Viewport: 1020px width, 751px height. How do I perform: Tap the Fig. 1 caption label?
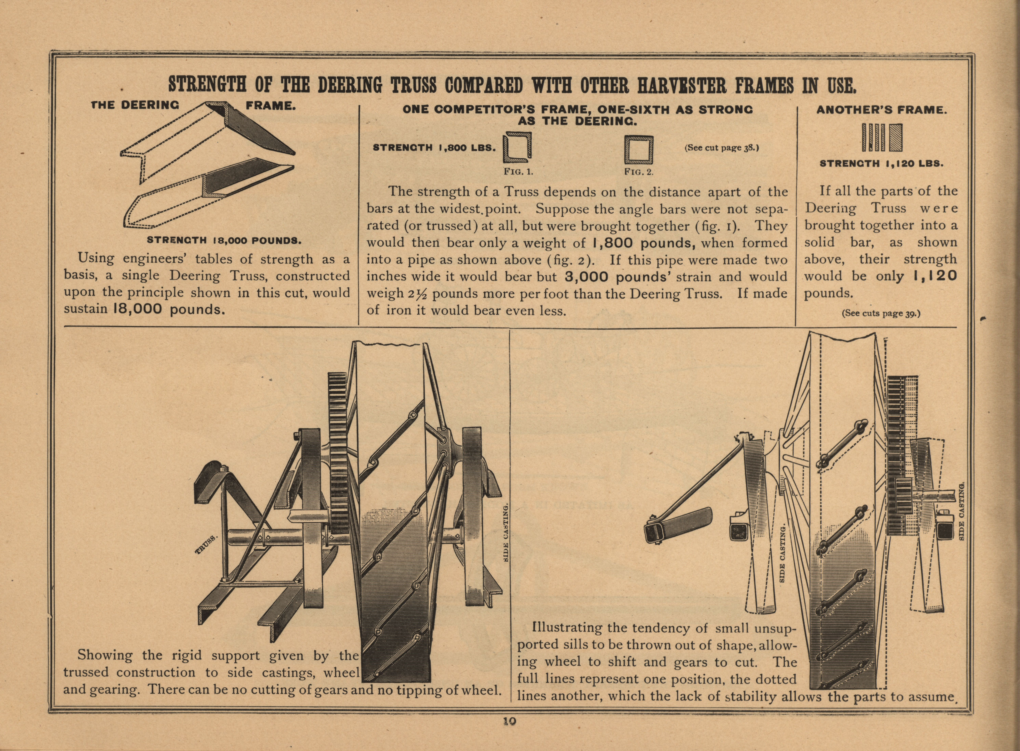tap(518, 172)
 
